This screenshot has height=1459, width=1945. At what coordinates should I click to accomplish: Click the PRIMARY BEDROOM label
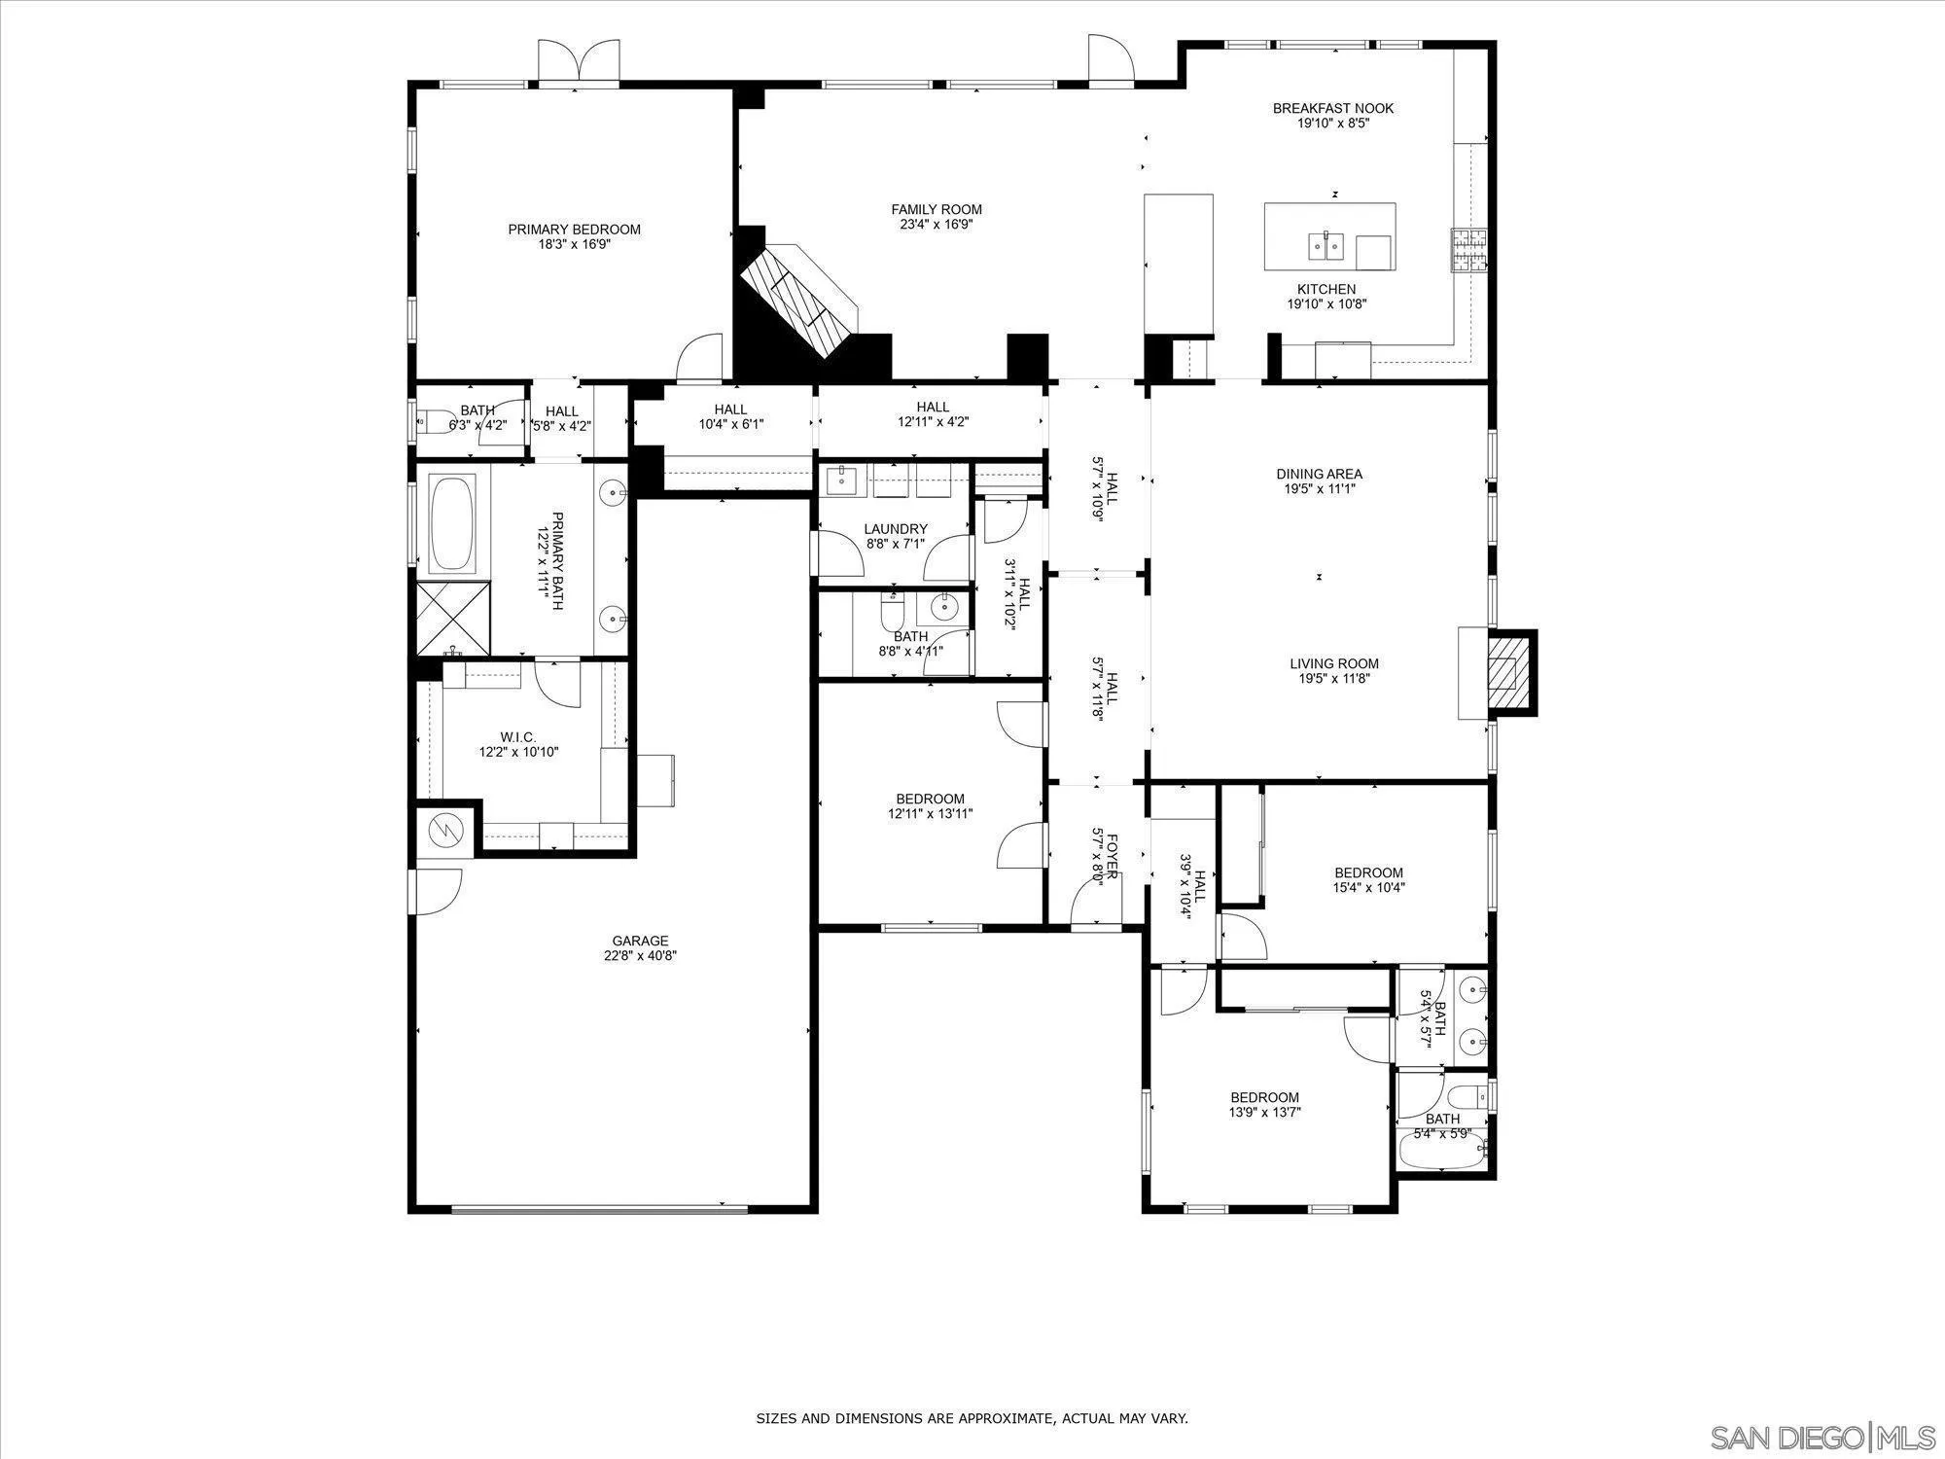574,230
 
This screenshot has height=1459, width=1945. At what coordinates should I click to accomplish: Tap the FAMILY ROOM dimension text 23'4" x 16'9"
936,224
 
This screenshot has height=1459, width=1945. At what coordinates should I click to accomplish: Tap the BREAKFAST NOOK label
1332,108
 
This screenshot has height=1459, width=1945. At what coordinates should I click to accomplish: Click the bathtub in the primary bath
452,523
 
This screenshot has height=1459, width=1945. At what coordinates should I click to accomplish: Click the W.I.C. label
518,737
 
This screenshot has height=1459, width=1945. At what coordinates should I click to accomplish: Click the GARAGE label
640,941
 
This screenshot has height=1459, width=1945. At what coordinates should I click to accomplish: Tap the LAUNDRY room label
895,529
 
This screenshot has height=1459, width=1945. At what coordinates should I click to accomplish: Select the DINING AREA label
1319,474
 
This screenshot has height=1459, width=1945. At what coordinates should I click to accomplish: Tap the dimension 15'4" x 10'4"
1368,887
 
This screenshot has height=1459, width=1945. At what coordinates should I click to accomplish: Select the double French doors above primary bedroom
579,64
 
